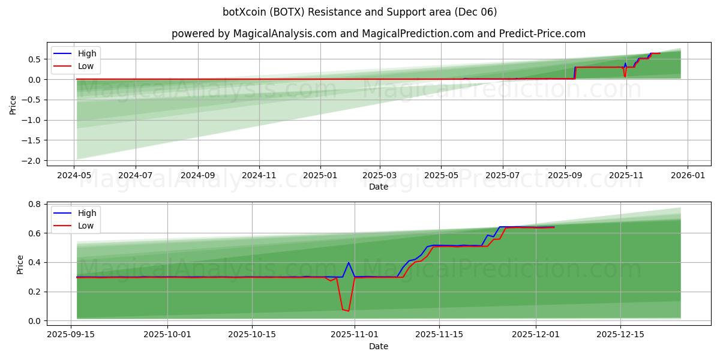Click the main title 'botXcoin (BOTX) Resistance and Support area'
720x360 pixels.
click(360, 12)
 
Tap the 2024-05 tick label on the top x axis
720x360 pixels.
click(74, 175)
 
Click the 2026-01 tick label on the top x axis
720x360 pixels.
click(687, 175)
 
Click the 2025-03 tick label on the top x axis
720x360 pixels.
click(379, 175)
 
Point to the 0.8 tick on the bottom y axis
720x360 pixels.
click(35, 204)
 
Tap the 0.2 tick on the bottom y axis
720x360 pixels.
click(35, 292)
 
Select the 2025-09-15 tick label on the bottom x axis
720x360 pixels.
click(71, 335)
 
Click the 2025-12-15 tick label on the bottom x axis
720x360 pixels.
click(620, 335)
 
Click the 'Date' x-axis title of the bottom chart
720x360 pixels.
click(378, 346)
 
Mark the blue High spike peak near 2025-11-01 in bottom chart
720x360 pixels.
click(349, 262)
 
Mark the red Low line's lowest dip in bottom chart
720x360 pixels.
click(348, 311)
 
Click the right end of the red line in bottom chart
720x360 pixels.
click(554, 227)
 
